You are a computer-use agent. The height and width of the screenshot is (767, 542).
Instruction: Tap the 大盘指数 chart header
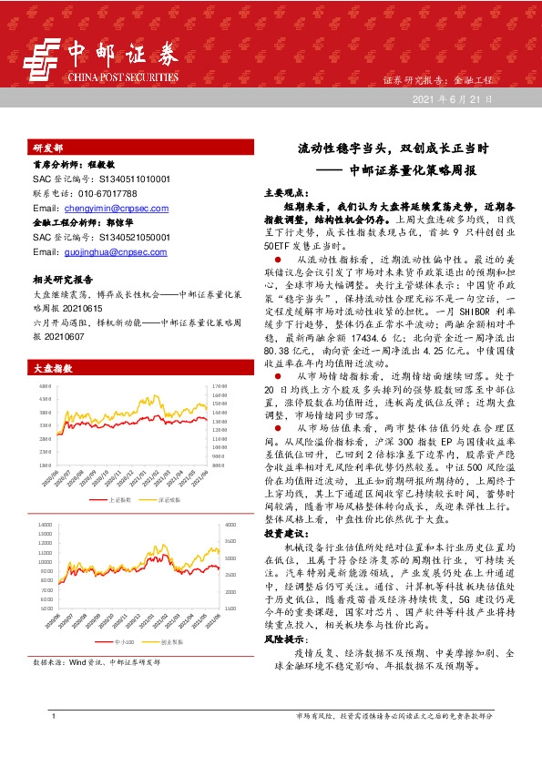52,369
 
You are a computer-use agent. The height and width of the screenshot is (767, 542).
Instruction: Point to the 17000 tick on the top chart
218,387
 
